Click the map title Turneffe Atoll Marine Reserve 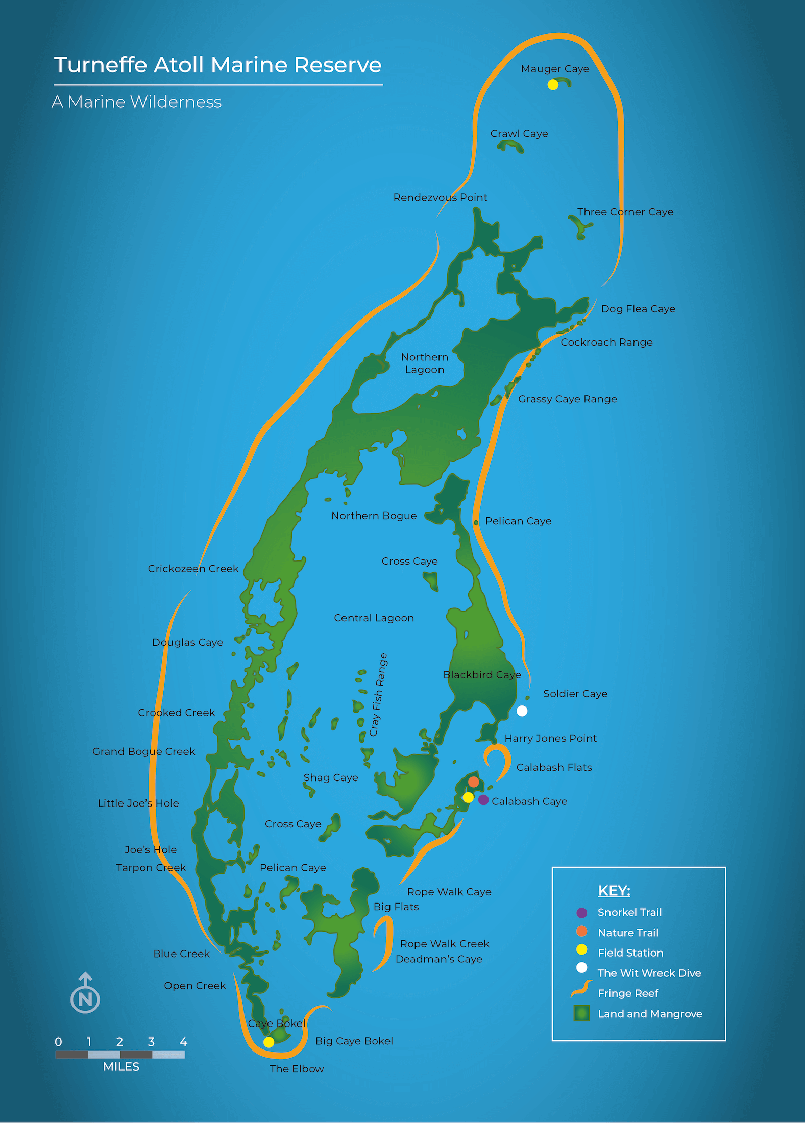(x=218, y=65)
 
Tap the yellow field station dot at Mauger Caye (x=553, y=85)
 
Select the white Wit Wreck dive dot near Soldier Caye (x=522, y=711)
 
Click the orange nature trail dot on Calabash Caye (x=474, y=782)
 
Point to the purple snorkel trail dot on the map (x=483, y=800)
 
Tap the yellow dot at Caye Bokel (x=269, y=1042)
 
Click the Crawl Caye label (x=519, y=134)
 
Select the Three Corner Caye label (x=625, y=212)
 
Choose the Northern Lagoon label (x=425, y=363)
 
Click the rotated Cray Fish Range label (x=378, y=695)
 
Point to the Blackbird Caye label (x=482, y=675)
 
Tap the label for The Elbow (x=297, y=1069)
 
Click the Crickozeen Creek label (x=193, y=569)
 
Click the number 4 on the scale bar (x=183, y=1042)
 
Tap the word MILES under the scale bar (x=121, y=1067)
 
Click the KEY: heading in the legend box (x=614, y=891)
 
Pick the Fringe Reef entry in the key (x=628, y=993)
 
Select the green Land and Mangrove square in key (x=581, y=1013)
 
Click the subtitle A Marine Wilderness (x=137, y=102)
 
